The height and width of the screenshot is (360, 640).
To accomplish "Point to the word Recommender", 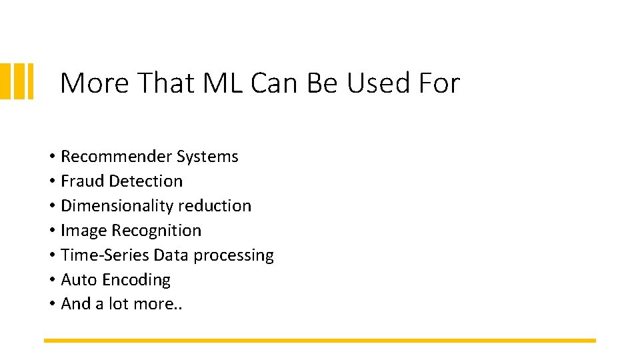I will tap(116, 157).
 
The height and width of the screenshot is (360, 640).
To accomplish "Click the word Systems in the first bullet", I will tap(207, 157).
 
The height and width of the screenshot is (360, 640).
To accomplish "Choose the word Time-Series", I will tap(105, 255).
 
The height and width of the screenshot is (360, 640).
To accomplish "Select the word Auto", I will tap(79, 280).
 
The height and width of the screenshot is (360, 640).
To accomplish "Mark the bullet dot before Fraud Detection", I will tap(51, 181).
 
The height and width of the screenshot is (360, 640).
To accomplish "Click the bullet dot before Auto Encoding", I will tap(51, 280).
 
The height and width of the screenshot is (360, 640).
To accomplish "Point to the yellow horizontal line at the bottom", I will tap(320, 341).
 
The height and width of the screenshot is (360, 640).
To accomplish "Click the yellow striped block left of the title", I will tap(17, 81).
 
